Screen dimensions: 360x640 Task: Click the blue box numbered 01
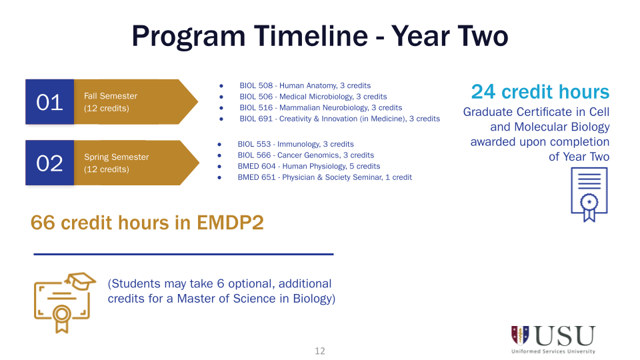49,102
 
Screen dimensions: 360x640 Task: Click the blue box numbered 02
49,163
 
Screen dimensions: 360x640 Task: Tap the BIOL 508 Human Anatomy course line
305,85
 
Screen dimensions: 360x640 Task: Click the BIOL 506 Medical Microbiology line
313,97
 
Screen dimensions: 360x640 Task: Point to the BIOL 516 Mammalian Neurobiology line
321,107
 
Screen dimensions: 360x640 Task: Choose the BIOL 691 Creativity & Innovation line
339,119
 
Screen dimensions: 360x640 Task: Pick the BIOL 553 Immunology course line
295,144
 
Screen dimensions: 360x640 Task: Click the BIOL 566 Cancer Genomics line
305,155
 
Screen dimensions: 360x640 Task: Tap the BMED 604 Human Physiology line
309,166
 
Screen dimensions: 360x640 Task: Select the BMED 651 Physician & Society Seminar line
325,177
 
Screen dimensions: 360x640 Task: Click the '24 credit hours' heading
540,92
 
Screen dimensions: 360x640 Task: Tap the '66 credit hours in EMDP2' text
147,223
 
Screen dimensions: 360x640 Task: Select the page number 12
320,351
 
